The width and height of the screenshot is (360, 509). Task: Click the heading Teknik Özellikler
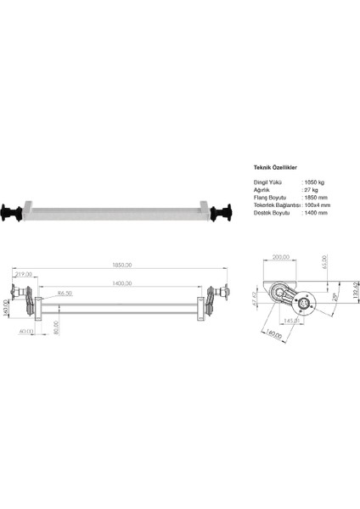pos(274,169)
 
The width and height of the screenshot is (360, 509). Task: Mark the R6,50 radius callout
pos(64,293)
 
